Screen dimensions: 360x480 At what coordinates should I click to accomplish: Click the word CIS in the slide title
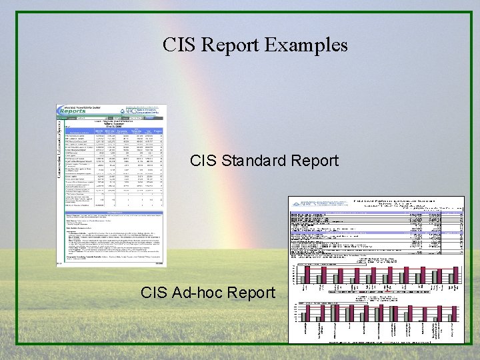pyautogui.click(x=179, y=45)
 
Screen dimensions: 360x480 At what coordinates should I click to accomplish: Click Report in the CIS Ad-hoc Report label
pyautogui.click(x=251, y=292)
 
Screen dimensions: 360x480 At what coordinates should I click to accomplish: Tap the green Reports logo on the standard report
pyautogui.click(x=79, y=111)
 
